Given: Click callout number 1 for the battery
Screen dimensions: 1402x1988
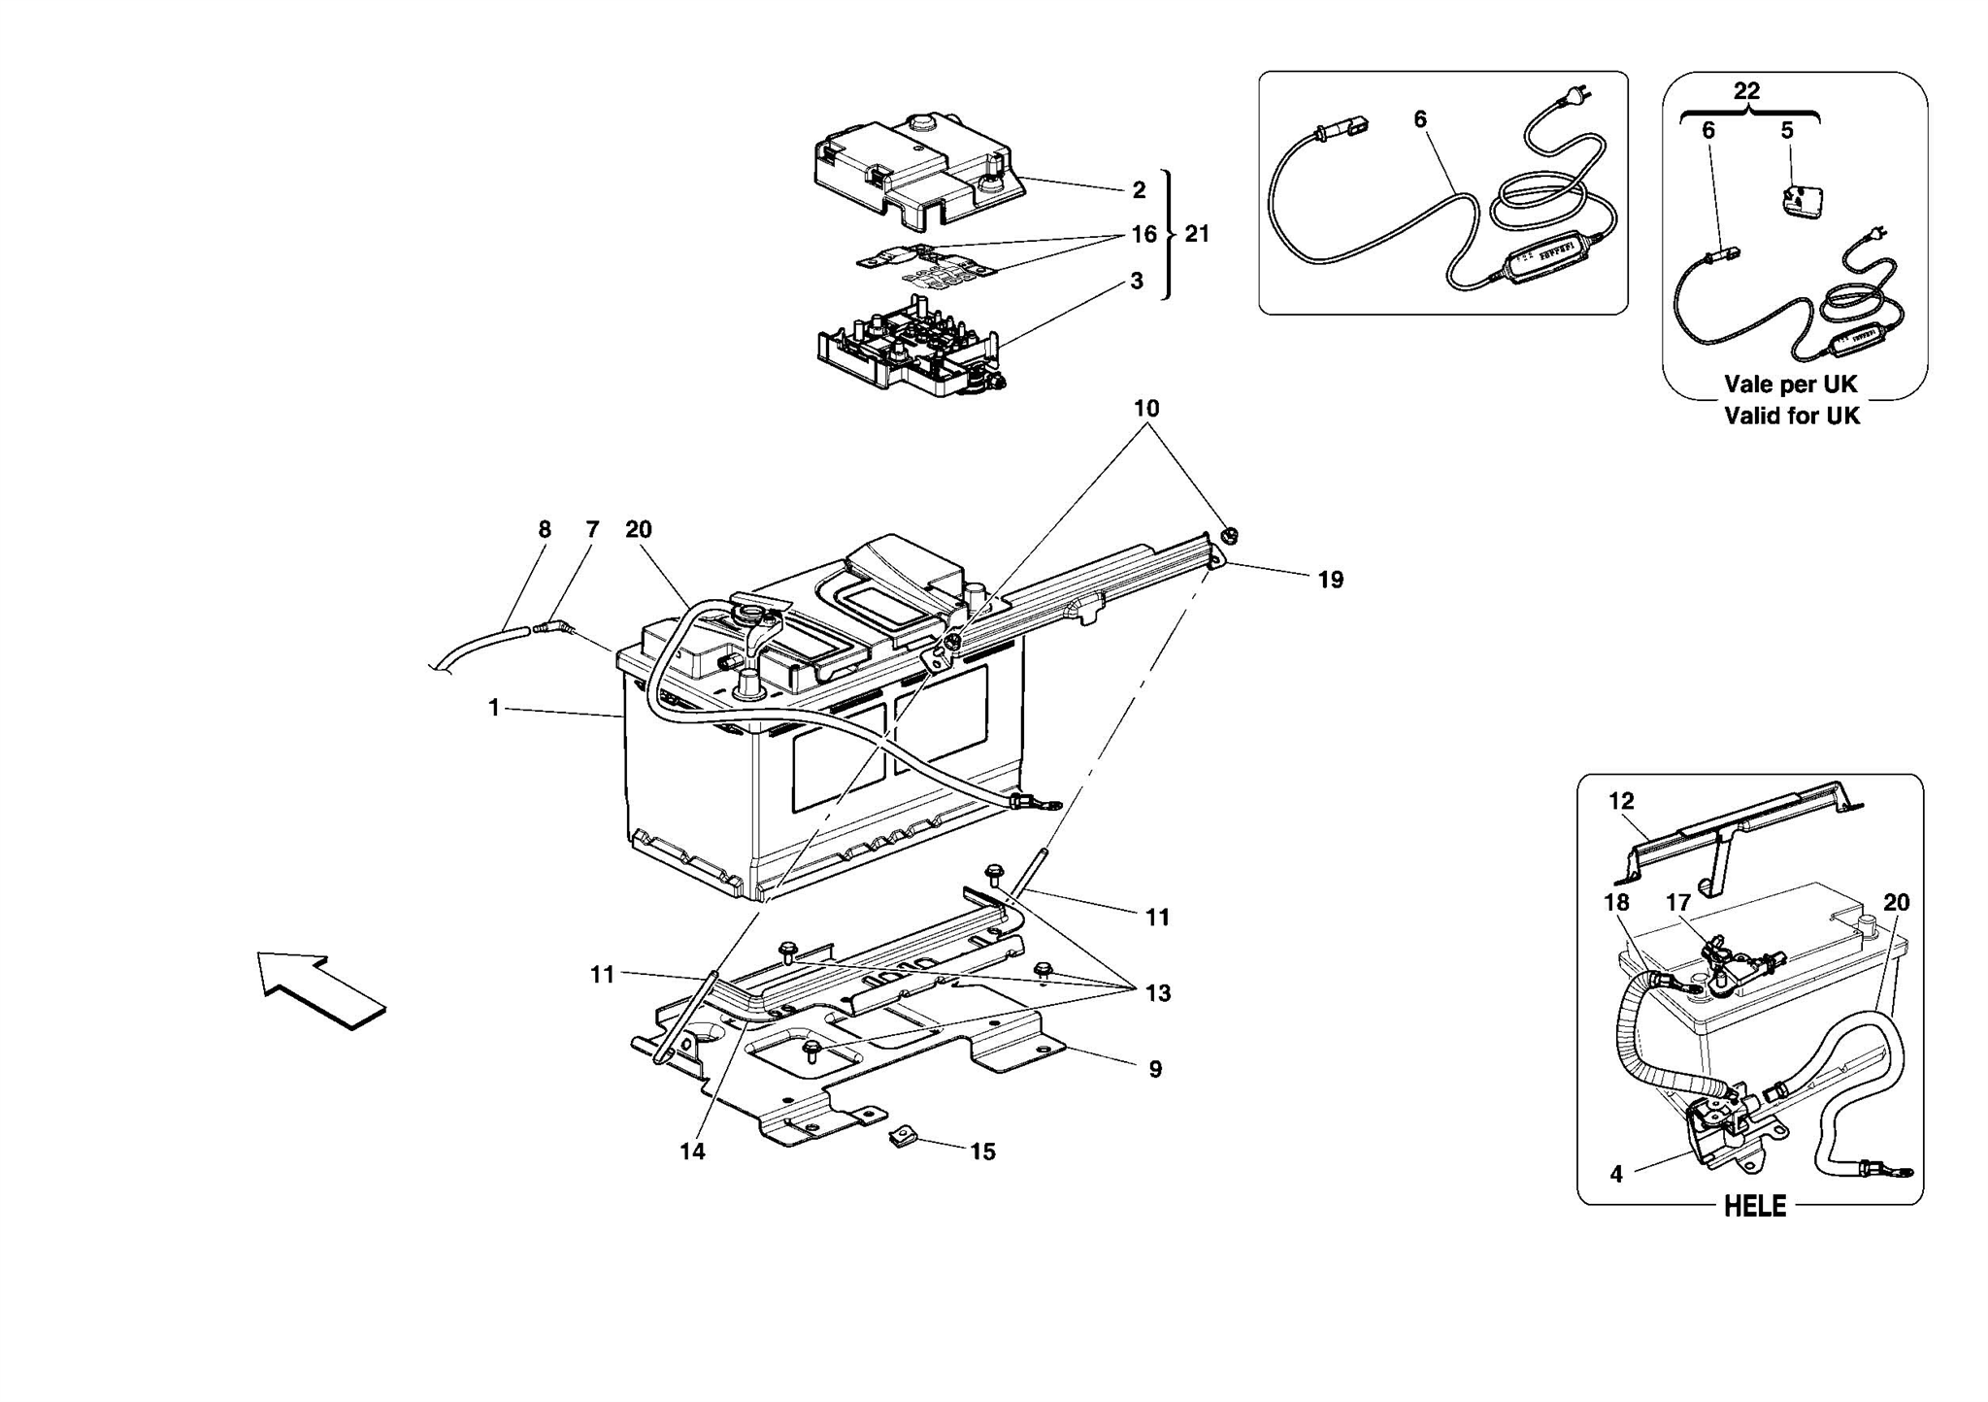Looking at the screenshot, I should coord(494,709).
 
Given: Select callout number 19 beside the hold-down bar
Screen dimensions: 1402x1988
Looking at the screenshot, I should coord(1330,580).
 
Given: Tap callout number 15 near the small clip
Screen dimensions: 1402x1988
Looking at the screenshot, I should coord(982,1152).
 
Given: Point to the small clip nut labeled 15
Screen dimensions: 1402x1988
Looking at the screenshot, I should coord(902,1136).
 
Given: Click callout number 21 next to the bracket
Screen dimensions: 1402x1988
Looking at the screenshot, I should coord(1197,234).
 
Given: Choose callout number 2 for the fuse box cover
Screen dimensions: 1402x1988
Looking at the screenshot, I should coord(1139,190).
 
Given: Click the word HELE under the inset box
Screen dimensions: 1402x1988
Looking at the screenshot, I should coord(1754,1206).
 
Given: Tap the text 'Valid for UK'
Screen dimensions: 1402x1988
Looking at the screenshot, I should coord(1791,416).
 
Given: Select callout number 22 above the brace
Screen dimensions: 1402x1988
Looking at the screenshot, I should coord(1746,91).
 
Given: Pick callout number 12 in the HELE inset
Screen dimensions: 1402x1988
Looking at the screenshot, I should coord(1621,801).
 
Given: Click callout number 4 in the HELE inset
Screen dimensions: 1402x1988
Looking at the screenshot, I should coord(1616,1174).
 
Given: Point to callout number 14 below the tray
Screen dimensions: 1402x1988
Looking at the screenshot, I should coord(692,1152).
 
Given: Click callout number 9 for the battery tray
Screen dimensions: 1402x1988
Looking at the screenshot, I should coord(1155,1069).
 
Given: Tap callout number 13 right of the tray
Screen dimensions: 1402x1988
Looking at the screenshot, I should coord(1157,993).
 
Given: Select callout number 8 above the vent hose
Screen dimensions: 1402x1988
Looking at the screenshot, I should coord(545,529).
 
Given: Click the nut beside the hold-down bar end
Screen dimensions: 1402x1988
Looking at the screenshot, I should coord(1228,535).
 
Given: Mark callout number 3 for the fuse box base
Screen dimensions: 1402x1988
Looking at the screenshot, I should coord(1137,281).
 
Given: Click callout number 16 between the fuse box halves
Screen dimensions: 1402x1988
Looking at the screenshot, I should coord(1143,234).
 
